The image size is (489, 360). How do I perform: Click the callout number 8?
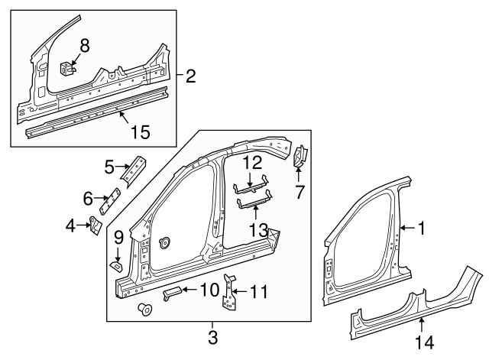point(84,45)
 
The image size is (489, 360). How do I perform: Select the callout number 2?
point(190,76)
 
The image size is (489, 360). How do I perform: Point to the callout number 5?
point(109,165)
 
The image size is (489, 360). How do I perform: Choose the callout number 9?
point(118,238)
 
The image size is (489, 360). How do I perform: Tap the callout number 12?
point(252,163)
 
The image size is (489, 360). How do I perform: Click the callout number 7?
point(300,192)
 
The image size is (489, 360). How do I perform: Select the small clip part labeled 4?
point(96,226)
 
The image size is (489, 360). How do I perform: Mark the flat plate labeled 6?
point(113,203)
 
